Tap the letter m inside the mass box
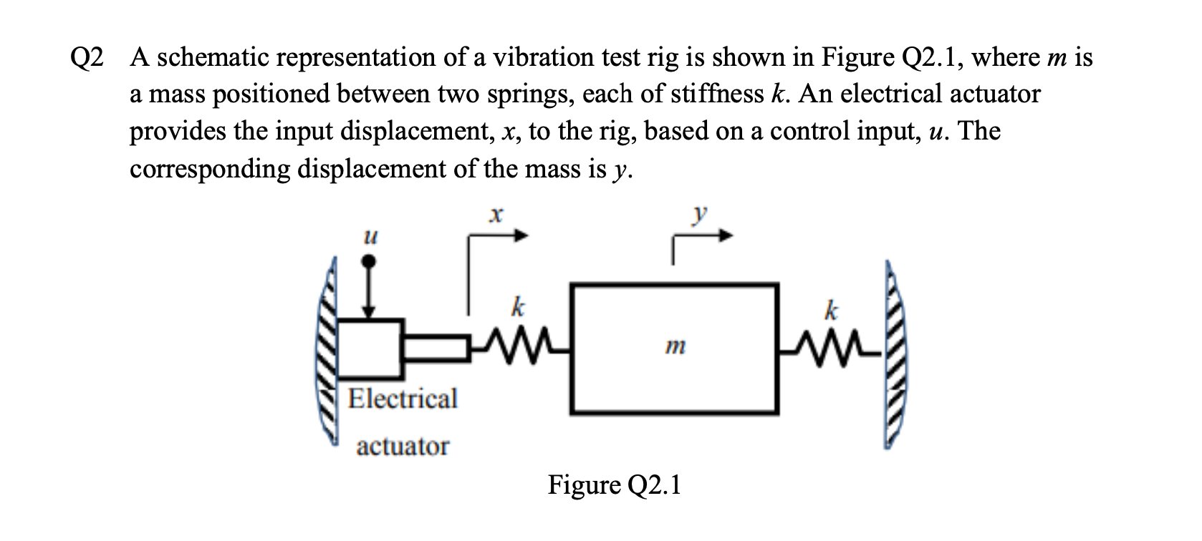coord(673,348)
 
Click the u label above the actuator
coord(370,235)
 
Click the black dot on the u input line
coord(370,263)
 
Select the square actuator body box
coord(368,349)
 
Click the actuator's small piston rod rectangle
coord(434,348)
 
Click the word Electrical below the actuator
coord(403,399)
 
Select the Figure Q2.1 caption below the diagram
coord(614,485)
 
